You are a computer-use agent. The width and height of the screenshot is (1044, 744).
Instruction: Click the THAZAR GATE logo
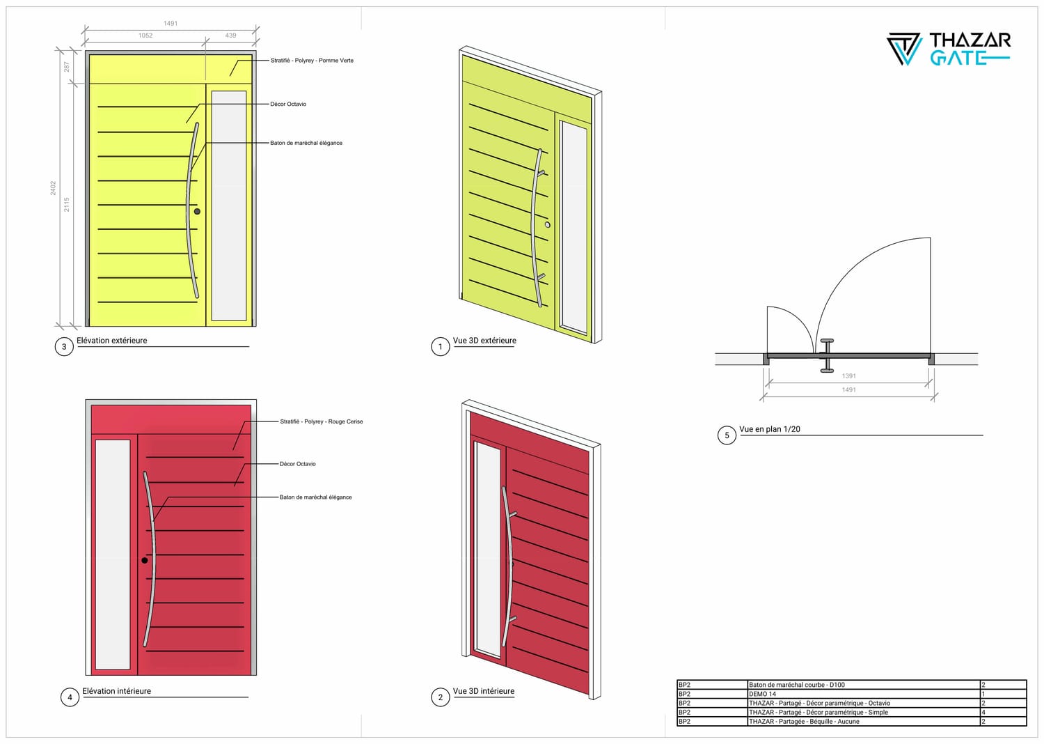pyautogui.click(x=949, y=49)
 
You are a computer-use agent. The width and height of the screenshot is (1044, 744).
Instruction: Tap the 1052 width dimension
pyautogui.click(x=145, y=36)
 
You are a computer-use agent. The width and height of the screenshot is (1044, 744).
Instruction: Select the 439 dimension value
pyautogui.click(x=230, y=36)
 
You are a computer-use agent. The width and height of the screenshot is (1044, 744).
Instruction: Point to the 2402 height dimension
pyautogui.click(x=53, y=188)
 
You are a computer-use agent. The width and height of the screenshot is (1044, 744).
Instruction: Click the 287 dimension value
pyautogui.click(x=67, y=67)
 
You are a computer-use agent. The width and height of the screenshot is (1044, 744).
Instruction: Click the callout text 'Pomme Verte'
pyautogui.click(x=336, y=61)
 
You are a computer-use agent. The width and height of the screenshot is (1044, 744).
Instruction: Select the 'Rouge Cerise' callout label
pyautogui.click(x=345, y=421)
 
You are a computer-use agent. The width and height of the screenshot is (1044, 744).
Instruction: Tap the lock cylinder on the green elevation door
pyautogui.click(x=197, y=212)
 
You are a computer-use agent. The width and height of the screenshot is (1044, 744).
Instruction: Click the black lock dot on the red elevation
pyautogui.click(x=145, y=560)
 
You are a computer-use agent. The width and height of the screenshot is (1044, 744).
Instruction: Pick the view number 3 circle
pyautogui.click(x=64, y=347)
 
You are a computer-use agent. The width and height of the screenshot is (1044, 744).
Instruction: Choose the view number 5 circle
pyautogui.click(x=727, y=435)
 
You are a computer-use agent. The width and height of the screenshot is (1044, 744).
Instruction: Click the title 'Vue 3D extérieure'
pyautogui.click(x=484, y=341)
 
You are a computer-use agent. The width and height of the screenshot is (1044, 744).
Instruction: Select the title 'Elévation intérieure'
pyautogui.click(x=116, y=691)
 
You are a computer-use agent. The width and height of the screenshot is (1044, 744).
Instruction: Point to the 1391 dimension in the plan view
pyautogui.click(x=848, y=376)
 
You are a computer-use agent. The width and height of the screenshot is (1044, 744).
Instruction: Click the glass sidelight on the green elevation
pyautogui.click(x=229, y=206)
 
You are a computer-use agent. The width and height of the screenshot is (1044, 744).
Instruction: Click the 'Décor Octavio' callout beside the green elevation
pyautogui.click(x=288, y=104)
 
